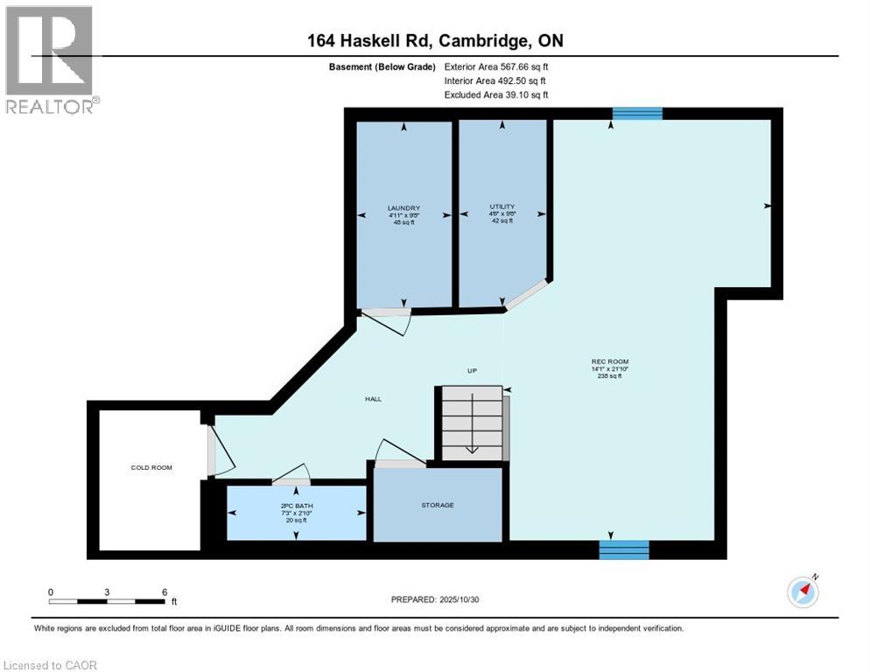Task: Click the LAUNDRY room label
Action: click(403, 208)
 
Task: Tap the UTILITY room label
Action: click(502, 206)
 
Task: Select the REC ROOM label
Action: click(610, 361)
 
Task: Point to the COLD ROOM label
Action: click(151, 467)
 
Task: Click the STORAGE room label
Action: click(437, 505)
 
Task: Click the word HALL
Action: click(374, 399)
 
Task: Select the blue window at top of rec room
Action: click(636, 113)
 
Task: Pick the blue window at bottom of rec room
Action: click(624, 549)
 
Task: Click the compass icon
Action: click(803, 591)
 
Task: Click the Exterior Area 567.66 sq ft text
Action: click(496, 66)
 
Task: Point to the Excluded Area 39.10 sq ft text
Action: click(496, 94)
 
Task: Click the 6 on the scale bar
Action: click(164, 591)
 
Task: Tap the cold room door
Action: click(211, 450)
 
